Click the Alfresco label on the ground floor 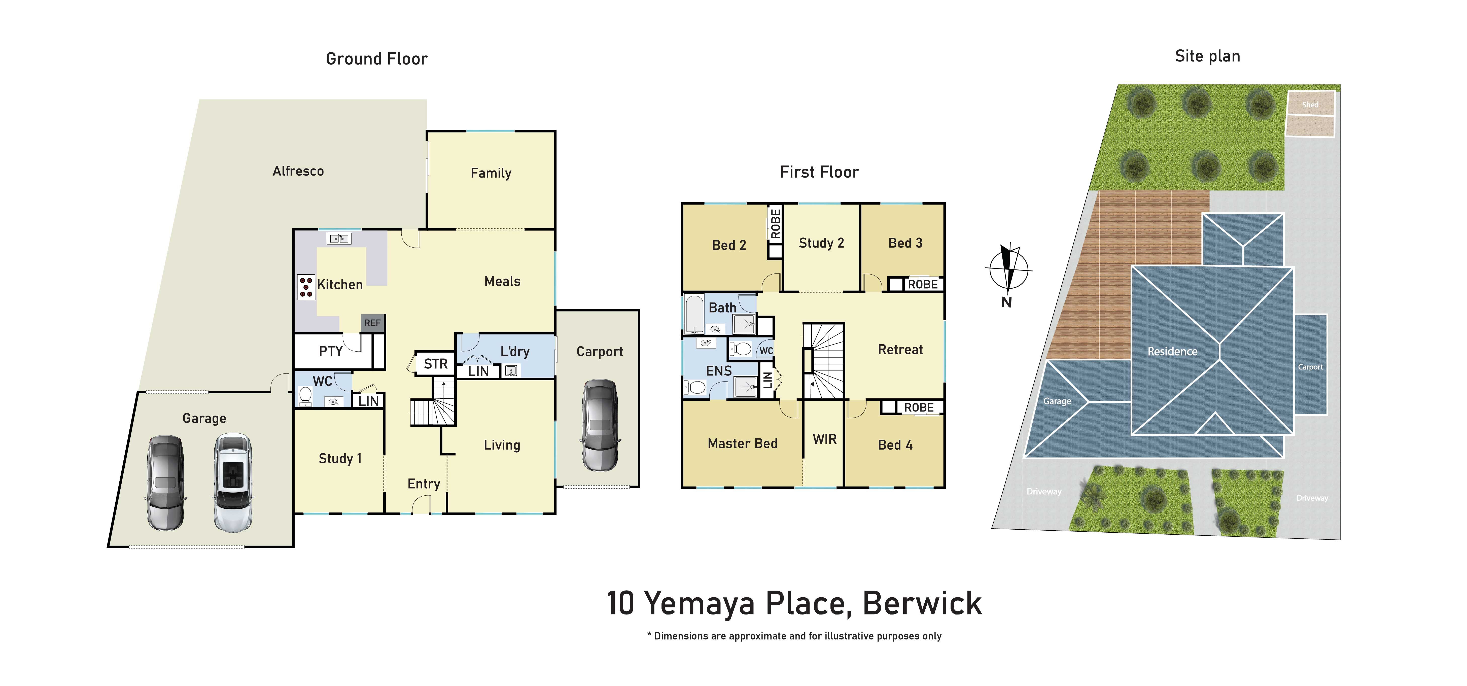point(298,171)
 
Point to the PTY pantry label point(331,351)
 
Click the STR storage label point(436,363)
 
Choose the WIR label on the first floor point(825,439)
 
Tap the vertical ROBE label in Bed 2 point(775,223)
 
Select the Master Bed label point(743,443)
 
